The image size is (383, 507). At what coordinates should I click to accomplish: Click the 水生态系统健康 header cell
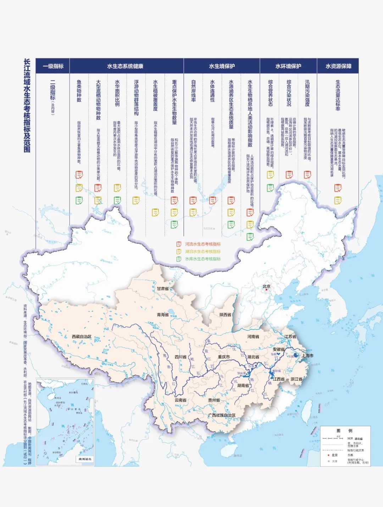click(125, 66)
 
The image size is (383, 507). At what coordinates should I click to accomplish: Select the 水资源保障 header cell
click(338, 66)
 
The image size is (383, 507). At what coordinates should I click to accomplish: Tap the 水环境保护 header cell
click(288, 66)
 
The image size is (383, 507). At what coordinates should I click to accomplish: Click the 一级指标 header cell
click(53, 66)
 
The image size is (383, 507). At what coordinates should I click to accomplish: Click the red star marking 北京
click(266, 290)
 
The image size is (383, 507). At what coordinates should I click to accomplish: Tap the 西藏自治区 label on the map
click(82, 336)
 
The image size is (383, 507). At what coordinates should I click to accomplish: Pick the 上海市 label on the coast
click(307, 355)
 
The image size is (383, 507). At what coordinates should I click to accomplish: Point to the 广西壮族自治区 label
click(222, 415)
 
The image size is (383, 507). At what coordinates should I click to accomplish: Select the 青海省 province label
click(163, 314)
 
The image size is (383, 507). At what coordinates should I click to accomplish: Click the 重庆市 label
click(224, 357)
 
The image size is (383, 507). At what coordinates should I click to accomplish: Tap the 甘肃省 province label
click(163, 288)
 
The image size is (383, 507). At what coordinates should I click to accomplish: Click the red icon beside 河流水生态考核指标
click(179, 244)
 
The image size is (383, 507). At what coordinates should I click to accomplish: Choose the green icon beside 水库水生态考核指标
click(179, 259)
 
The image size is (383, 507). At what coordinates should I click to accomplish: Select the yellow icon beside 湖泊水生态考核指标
click(179, 252)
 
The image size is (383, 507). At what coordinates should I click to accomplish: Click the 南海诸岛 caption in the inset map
click(85, 459)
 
